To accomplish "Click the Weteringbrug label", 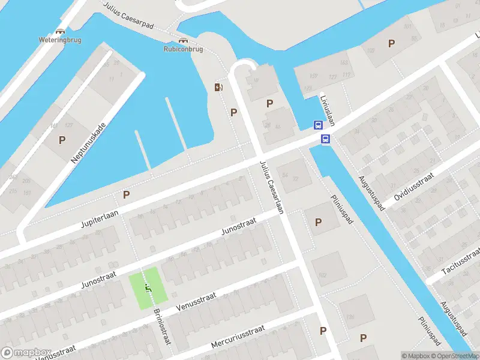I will click(60, 40).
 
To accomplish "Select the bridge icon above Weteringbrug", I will click(60, 31).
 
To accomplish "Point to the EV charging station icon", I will click(218, 88).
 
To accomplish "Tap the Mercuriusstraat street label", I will click(238, 337).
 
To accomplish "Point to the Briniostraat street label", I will click(162, 326).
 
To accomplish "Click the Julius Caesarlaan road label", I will click(272, 187).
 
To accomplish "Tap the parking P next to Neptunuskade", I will click(62, 140).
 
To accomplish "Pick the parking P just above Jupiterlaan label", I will click(126, 194).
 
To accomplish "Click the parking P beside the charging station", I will click(234, 112).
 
